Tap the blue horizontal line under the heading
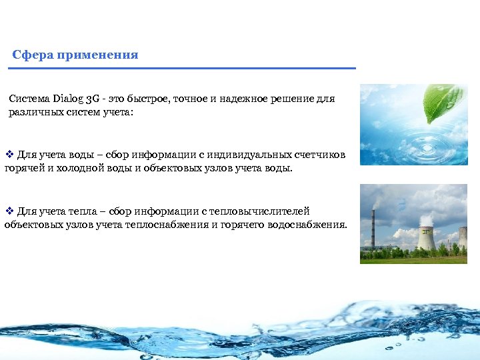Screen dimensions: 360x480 point(183,68)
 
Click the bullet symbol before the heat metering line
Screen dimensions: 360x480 point(9,211)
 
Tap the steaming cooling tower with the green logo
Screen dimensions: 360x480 point(426,237)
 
